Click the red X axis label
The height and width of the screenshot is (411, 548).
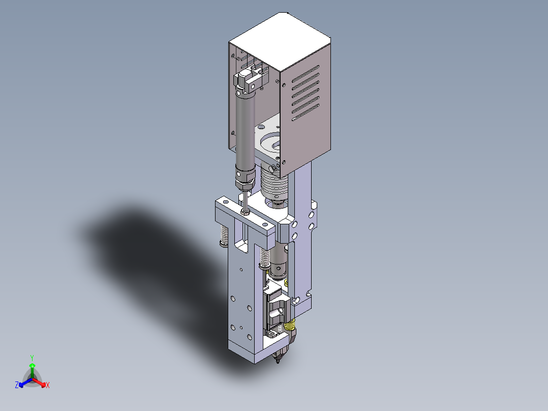[48, 385]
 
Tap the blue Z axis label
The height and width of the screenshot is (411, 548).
[16, 385]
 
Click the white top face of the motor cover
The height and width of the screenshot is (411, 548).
[280, 42]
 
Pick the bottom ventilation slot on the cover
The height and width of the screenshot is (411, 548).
[306, 112]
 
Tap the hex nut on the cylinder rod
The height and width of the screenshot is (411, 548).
[245, 212]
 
